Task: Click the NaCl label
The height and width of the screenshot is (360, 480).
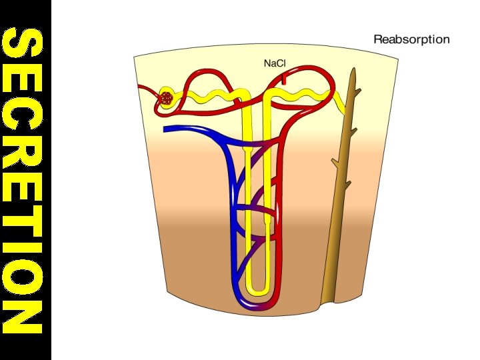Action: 275,64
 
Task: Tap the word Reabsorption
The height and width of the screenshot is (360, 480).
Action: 411,39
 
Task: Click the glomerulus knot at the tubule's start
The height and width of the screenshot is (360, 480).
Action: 167,98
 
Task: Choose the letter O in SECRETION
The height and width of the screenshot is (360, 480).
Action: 25,277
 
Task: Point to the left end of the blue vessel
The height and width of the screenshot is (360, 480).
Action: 165,129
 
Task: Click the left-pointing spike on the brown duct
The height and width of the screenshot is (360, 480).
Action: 333,162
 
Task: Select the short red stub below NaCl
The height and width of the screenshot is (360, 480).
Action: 285,78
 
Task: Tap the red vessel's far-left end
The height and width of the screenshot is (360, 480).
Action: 139,87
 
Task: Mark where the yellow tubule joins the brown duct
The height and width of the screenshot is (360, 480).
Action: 347,110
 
